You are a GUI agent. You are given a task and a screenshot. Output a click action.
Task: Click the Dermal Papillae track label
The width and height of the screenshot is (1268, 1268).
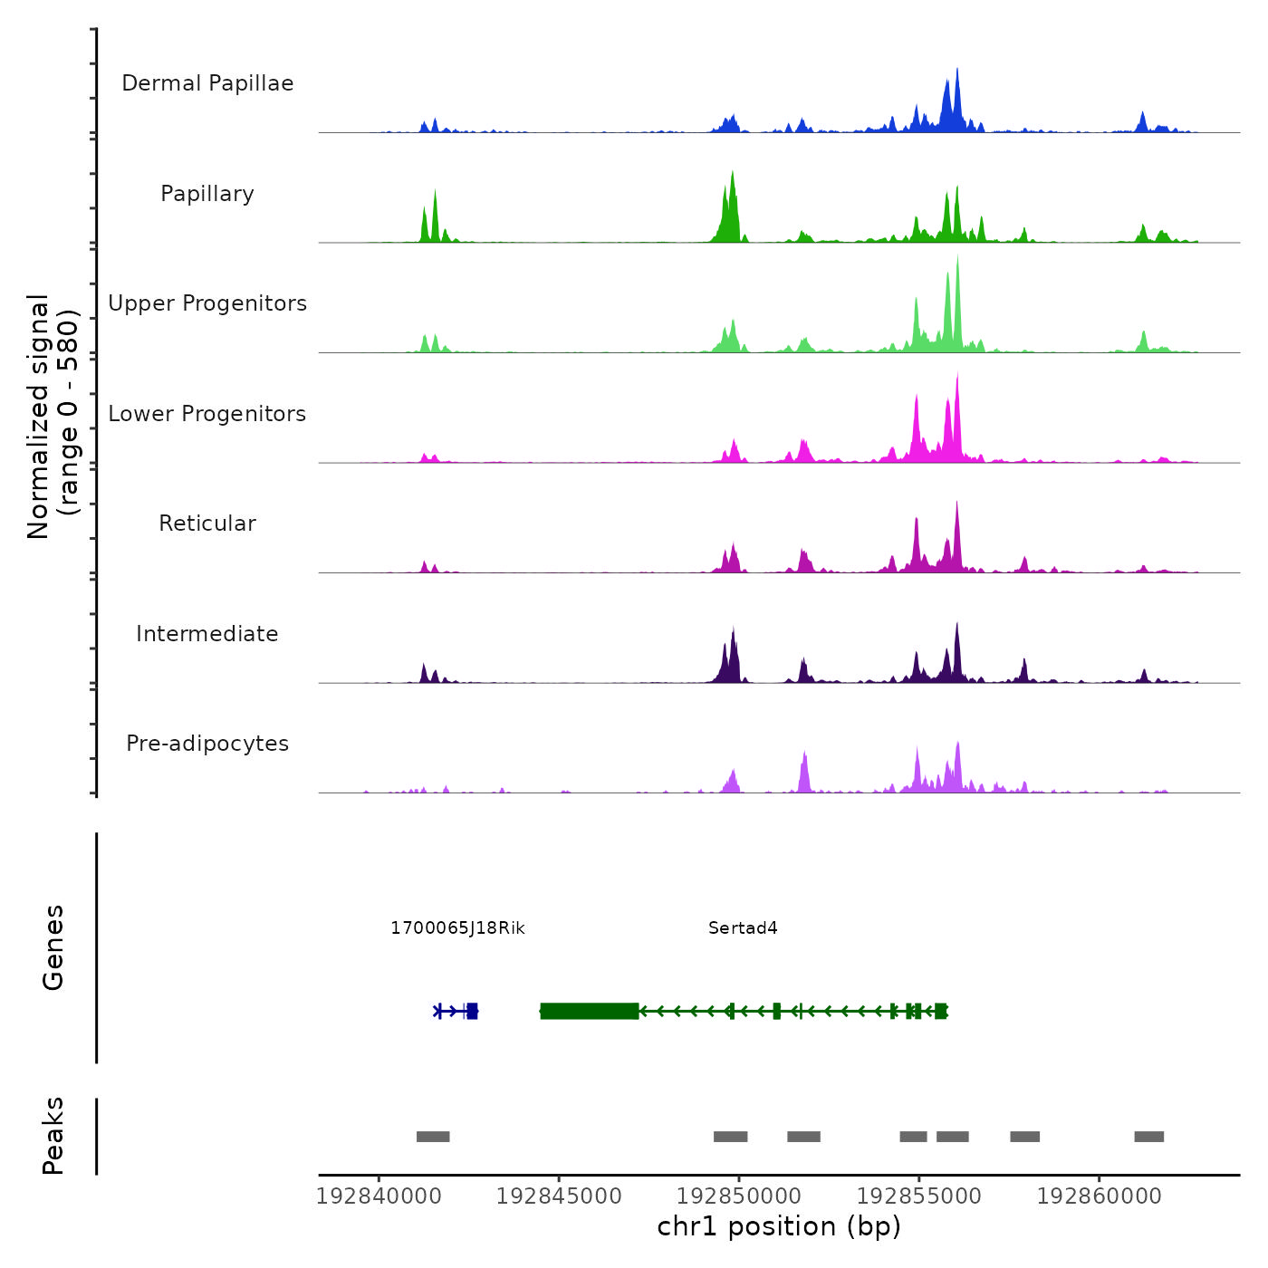(207, 83)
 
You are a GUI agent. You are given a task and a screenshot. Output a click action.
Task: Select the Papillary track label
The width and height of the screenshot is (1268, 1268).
(207, 194)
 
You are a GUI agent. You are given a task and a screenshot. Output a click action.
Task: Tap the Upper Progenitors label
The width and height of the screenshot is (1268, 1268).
(207, 303)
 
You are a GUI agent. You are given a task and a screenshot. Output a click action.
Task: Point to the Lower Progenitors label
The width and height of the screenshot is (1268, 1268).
(207, 414)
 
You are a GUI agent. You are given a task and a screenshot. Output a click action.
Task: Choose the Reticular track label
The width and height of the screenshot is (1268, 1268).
(207, 524)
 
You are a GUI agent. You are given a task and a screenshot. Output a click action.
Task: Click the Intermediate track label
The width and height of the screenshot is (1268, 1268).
(207, 634)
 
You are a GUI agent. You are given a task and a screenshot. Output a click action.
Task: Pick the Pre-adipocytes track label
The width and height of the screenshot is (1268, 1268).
(207, 744)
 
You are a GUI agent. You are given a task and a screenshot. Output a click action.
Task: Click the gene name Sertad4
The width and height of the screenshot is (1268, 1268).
(743, 928)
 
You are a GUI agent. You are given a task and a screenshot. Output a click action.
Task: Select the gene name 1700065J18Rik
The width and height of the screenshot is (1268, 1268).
(457, 928)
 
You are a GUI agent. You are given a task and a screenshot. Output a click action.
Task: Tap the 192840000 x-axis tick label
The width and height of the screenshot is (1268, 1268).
(379, 1196)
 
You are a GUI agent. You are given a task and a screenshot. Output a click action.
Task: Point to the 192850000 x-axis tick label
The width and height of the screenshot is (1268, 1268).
(739, 1196)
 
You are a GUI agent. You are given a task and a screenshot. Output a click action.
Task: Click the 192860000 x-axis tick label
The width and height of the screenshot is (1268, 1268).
(1100, 1196)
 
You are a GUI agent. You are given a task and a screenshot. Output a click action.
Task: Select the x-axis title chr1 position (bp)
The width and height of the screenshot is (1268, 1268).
(779, 1227)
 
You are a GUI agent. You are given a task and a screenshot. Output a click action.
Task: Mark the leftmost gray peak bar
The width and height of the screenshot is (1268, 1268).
(433, 1137)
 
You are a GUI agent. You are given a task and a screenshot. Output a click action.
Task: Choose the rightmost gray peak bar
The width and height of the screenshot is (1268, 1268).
(1149, 1137)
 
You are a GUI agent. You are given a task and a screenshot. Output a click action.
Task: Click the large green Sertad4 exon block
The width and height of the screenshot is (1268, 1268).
(590, 1011)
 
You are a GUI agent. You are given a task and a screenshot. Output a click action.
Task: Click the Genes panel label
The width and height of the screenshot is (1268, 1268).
(53, 947)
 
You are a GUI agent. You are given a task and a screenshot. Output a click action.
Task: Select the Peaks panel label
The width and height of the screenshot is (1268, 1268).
(53, 1136)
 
